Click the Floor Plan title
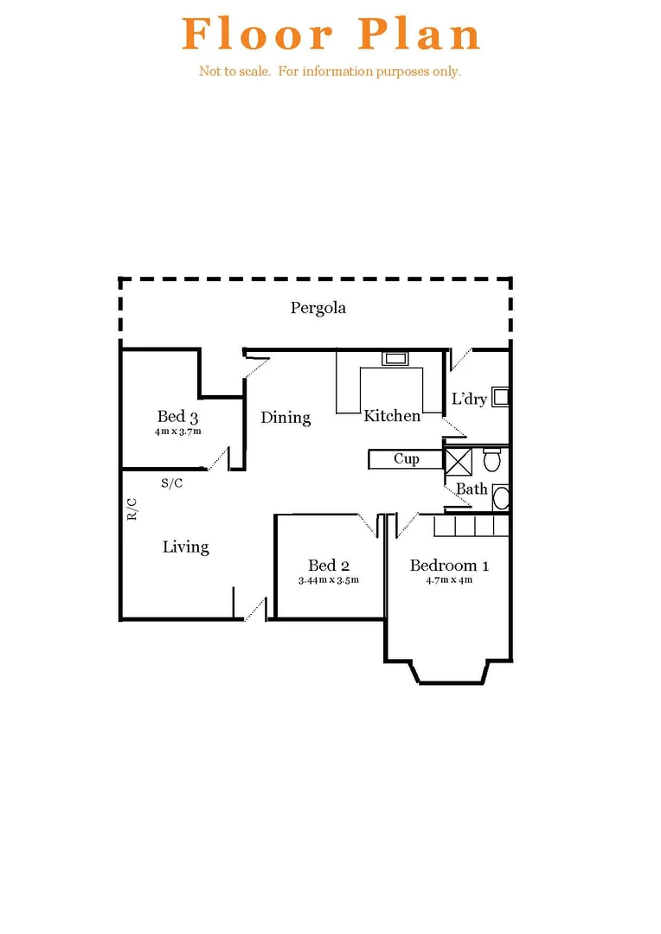pyautogui.click(x=331, y=35)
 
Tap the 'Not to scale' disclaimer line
pyautogui.click(x=330, y=72)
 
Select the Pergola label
pyautogui.click(x=318, y=308)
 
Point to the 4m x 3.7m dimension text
pyautogui.click(x=178, y=431)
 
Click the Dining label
pyautogui.click(x=286, y=418)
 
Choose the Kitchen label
pyautogui.click(x=392, y=416)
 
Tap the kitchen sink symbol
pyautogui.click(x=395, y=358)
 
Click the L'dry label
pyautogui.click(x=470, y=400)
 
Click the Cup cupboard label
pyautogui.click(x=407, y=458)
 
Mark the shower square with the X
pyautogui.click(x=458, y=460)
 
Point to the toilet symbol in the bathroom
pyautogui.click(x=492, y=458)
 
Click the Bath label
pyautogui.click(x=472, y=489)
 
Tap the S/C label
pyautogui.click(x=171, y=483)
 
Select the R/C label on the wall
pyautogui.click(x=132, y=509)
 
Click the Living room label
pyautogui.click(x=186, y=547)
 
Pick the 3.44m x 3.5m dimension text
pyautogui.click(x=329, y=580)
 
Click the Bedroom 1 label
pyautogui.click(x=449, y=566)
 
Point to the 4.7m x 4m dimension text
pyautogui.click(x=449, y=580)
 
